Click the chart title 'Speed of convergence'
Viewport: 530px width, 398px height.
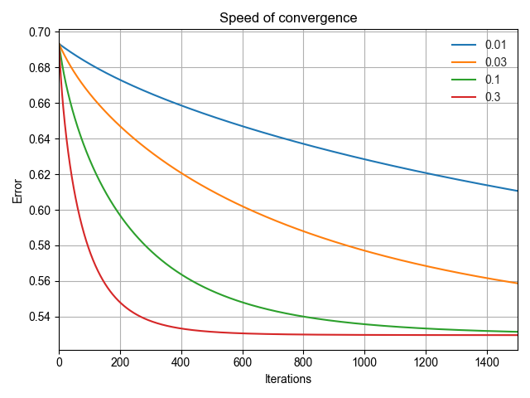coord(288,18)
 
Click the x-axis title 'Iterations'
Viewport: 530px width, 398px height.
coord(288,380)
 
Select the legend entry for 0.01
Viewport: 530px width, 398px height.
coord(494,45)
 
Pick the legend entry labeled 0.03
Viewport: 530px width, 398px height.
coord(494,61)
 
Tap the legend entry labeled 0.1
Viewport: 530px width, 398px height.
coord(492,79)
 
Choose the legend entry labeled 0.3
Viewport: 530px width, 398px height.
coord(492,96)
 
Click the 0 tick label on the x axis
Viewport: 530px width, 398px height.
coord(60,362)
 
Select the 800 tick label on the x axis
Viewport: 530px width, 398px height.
coord(304,362)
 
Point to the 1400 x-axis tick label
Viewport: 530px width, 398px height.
coord(487,362)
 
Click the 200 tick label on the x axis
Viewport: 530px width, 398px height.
coord(121,362)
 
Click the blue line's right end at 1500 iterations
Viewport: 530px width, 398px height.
coord(518,191)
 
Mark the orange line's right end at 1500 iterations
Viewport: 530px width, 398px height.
coord(518,283)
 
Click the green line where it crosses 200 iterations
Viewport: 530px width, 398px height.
coord(121,214)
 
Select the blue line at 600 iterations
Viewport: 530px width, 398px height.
coord(243,126)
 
